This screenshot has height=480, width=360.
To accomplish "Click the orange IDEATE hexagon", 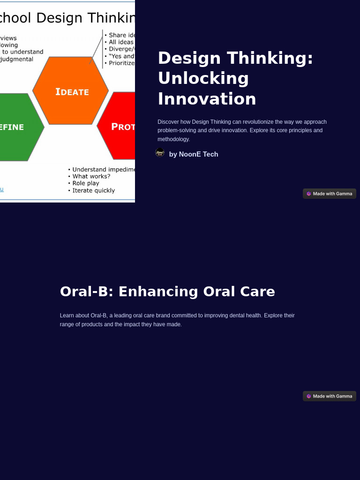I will (x=71, y=91).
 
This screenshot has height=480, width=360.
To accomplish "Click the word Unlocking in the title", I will (x=203, y=78).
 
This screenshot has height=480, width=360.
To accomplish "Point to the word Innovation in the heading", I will (x=207, y=99).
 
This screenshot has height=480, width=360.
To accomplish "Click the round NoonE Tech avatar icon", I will (x=160, y=153).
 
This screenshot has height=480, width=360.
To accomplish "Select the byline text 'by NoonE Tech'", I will (x=194, y=154).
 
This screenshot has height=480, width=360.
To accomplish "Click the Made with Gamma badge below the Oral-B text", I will (x=330, y=396).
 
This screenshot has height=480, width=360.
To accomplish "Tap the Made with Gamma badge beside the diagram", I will (x=330, y=194).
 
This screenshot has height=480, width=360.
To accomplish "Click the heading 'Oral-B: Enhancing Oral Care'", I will (x=167, y=292).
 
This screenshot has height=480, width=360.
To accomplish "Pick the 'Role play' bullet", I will (x=86, y=183).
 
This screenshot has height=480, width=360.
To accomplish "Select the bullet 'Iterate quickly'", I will (x=93, y=190).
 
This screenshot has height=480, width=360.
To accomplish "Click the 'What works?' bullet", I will (x=91, y=176).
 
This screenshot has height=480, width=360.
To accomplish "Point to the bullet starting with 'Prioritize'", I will (x=121, y=63).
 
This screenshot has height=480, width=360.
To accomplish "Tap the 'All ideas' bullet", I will (x=121, y=42).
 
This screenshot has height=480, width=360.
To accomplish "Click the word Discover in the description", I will (x=168, y=122).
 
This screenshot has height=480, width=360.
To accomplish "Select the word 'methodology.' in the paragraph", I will (x=173, y=139).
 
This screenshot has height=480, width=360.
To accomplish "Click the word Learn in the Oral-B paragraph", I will (x=67, y=315).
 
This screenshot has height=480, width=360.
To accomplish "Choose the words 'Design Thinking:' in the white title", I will (x=235, y=58).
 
